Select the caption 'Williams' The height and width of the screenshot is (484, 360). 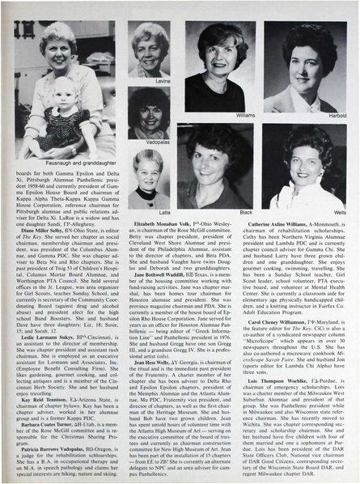point(245,115)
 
